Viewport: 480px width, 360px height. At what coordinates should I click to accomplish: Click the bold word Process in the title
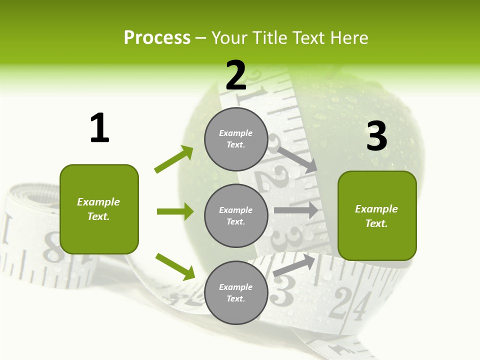157,38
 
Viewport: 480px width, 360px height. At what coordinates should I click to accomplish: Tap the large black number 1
99,128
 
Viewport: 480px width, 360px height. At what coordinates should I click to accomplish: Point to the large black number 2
236,75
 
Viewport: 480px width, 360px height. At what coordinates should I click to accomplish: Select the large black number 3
377,136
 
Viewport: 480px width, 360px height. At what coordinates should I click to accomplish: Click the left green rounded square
99,209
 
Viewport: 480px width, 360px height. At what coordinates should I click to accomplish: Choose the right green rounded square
377,216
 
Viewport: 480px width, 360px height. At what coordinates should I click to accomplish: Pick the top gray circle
236,139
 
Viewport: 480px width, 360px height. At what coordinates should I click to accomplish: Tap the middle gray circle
236,215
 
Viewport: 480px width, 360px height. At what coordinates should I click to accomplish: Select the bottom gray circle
236,292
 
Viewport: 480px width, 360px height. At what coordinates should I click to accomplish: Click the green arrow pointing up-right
174,159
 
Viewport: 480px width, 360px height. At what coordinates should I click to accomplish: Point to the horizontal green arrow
175,211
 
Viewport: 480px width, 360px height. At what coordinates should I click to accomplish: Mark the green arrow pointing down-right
175,266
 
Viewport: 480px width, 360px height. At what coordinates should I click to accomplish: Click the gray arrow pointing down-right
297,159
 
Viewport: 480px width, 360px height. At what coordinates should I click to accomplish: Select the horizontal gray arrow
296,210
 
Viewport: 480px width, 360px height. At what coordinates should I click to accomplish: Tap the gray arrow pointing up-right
294,265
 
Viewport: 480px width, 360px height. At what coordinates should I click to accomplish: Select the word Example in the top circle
236,133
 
